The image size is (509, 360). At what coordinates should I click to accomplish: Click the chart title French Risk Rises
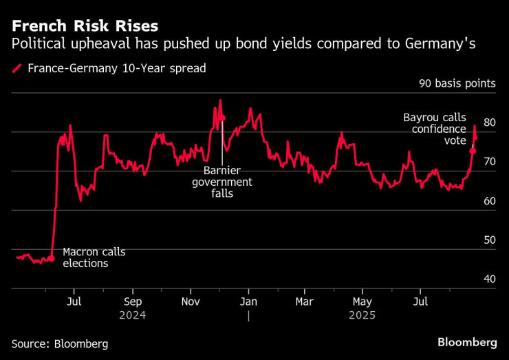[84, 26]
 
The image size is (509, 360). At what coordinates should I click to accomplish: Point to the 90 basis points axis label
[457, 84]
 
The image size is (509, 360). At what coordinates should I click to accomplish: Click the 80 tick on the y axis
[490, 123]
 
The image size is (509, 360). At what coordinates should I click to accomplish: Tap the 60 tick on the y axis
[490, 201]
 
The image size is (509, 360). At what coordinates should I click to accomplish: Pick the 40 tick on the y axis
[490, 279]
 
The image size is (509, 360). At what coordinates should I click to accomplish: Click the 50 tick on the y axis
[490, 240]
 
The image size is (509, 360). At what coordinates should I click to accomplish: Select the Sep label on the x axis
[133, 301]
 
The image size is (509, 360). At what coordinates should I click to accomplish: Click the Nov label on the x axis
[191, 301]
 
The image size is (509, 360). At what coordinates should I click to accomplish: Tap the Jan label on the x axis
[248, 301]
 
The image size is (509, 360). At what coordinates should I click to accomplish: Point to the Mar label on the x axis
[305, 301]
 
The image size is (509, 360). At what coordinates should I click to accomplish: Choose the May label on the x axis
[362, 301]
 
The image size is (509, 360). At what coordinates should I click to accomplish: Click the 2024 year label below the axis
[133, 315]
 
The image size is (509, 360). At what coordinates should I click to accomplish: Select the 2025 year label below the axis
[362, 315]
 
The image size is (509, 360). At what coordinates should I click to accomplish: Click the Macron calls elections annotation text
[94, 257]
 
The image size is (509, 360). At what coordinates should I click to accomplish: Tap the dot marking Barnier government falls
[222, 118]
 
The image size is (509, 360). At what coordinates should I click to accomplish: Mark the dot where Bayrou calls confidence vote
[473, 151]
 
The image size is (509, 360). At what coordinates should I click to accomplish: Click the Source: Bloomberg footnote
[60, 343]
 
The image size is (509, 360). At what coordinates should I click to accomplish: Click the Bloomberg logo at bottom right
[467, 342]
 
